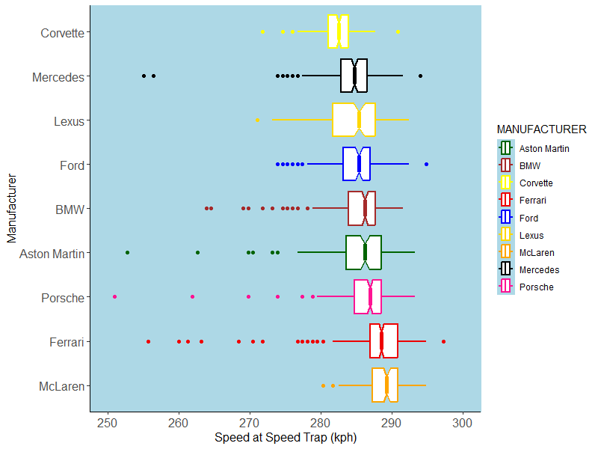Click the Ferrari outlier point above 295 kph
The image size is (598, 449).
[x=443, y=341]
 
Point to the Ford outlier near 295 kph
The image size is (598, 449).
[x=426, y=164]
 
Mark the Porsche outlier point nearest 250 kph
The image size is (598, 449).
[x=114, y=297]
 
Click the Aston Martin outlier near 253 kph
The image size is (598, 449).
[x=127, y=253]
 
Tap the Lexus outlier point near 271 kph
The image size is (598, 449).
[x=257, y=120]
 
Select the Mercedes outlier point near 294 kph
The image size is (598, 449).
[x=420, y=76]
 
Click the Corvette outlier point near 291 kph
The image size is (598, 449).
[x=398, y=31]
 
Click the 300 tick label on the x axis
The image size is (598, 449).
[x=463, y=422]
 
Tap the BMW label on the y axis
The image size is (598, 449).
[x=70, y=210]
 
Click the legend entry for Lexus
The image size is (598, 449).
[x=530, y=235]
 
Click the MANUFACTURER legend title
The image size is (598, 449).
[x=541, y=129]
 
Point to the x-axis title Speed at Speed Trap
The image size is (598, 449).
[x=286, y=438]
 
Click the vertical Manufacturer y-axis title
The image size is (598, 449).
[x=11, y=209]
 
